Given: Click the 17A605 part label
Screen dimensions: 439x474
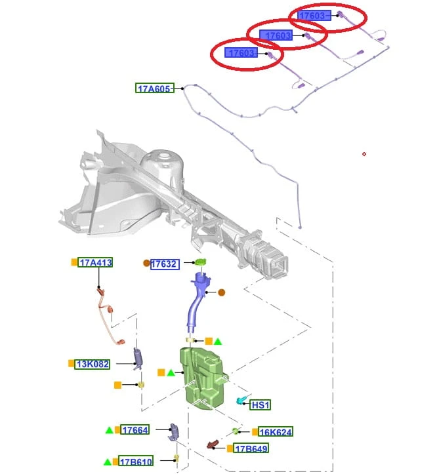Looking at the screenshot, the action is click(155, 88).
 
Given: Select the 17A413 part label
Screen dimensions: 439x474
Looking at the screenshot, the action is click(95, 262).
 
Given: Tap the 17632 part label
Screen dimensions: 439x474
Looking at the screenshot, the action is click(165, 264).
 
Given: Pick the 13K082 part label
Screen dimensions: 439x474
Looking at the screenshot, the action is click(93, 364).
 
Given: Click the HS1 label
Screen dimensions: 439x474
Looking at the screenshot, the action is click(261, 405).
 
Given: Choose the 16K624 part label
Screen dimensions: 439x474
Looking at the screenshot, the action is click(276, 432).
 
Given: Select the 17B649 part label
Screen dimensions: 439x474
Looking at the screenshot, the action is click(251, 448).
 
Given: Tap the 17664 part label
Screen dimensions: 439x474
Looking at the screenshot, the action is click(135, 429).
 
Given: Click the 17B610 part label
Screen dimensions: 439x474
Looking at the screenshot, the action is click(136, 462).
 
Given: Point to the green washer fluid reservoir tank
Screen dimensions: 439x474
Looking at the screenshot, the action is click(204, 378).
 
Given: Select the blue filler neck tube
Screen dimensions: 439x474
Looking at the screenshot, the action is click(198, 302).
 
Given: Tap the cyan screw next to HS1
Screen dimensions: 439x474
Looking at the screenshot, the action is click(241, 401).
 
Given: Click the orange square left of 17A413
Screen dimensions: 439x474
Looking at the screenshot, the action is click(74, 262).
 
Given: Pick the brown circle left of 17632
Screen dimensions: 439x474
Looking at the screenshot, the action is click(146, 264).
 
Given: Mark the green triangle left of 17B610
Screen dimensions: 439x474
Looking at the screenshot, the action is click(108, 462).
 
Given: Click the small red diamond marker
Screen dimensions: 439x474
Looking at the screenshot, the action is click(364, 154).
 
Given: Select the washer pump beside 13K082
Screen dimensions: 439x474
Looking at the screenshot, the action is click(138, 359).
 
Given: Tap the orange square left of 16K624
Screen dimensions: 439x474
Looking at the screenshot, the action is click(255, 431).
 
